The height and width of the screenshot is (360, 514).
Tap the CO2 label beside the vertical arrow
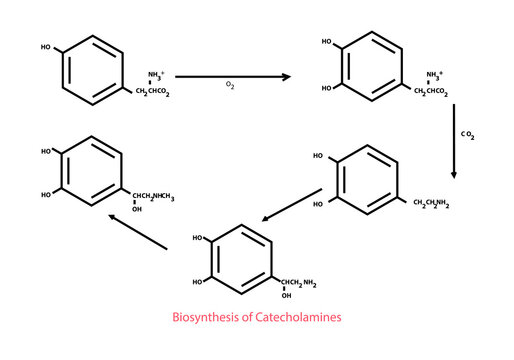(x=468, y=133)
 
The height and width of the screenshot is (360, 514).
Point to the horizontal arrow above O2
(x=232, y=76)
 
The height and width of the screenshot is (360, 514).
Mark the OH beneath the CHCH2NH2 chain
(x=286, y=296)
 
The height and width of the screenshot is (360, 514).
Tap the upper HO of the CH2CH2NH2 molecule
(x=318, y=157)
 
